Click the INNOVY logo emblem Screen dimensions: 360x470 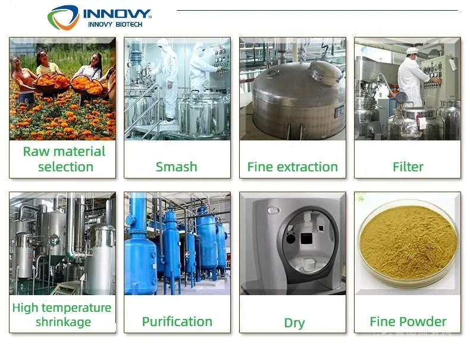pos(63,17)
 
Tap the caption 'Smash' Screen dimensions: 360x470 pos(176,167)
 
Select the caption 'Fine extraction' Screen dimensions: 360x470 pos(292,167)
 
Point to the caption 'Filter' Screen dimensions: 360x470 pos(408,167)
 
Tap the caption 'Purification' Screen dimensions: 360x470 pos(177,322)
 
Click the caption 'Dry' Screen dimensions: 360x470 pos(294,323)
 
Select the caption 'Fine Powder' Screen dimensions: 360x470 pos(408,322)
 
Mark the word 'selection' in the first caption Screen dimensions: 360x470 pos(65,167)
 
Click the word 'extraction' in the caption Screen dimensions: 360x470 pos(307,167)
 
